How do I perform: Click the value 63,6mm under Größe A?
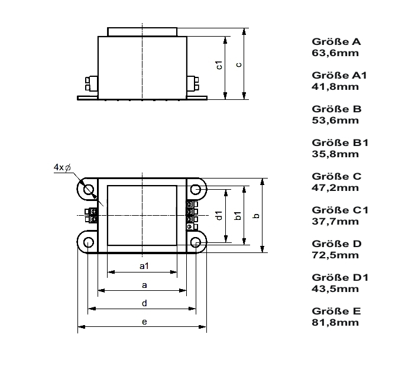pyautogui.click(x=335, y=53)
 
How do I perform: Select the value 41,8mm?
pyautogui.click(x=335, y=87)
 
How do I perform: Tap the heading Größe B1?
pyautogui.click(x=340, y=142)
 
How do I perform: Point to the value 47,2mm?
pyautogui.click(x=335, y=188)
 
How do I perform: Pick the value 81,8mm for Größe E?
pyautogui.click(x=335, y=323)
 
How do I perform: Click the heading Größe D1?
pyautogui.click(x=340, y=278)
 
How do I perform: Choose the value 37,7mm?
pyautogui.click(x=335, y=222)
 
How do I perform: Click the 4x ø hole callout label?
pyautogui.click(x=63, y=167)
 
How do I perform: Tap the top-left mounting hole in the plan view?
pyautogui.click(x=89, y=190)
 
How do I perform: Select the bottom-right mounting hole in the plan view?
pyautogui.click(x=196, y=242)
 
